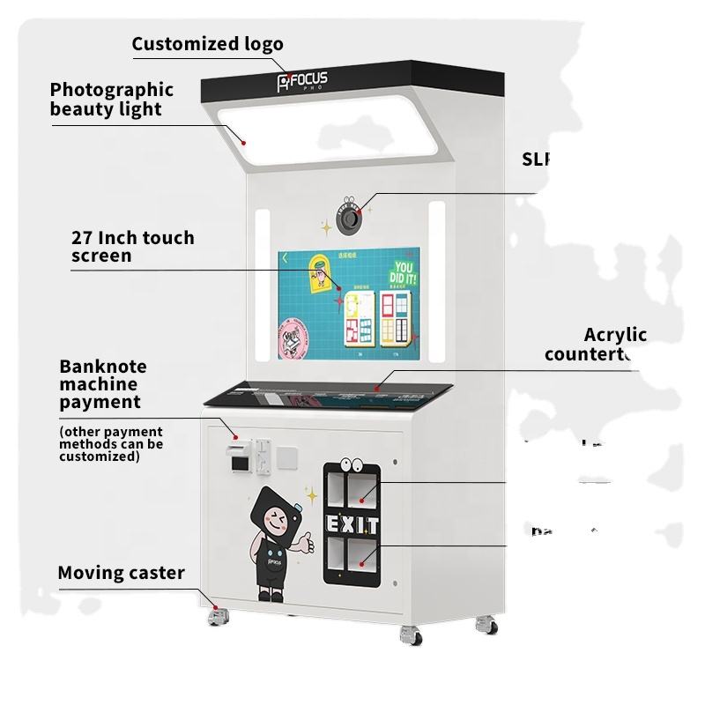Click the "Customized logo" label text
208,44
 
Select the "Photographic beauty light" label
112,99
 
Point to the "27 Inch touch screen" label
132,247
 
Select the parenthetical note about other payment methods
111,443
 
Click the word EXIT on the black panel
353,525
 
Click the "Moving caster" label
121,573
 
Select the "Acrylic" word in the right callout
615,335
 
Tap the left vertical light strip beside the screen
261,280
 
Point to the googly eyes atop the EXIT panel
352,468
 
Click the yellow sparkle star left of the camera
325,228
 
